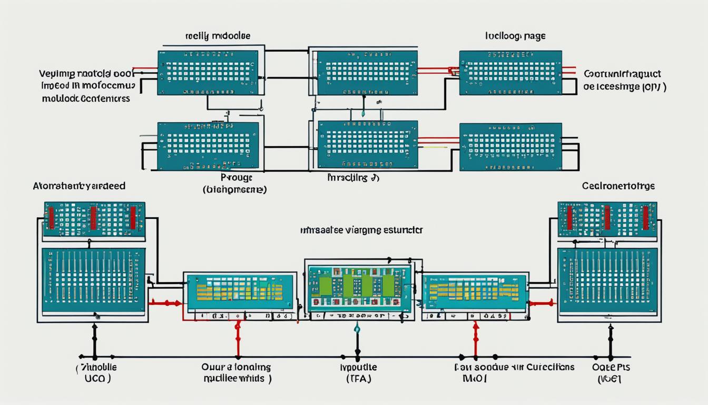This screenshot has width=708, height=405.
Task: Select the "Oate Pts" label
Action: click(611, 367)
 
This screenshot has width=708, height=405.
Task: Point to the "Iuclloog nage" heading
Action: click(515, 36)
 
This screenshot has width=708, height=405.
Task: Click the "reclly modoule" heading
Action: click(218, 36)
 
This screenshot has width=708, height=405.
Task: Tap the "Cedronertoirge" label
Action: click(618, 186)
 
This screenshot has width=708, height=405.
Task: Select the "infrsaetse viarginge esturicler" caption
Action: click(361, 230)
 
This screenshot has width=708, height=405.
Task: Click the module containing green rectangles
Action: click(359, 285)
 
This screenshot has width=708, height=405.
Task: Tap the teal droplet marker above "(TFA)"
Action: click(357, 329)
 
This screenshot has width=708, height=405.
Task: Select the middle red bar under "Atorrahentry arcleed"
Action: click(93, 217)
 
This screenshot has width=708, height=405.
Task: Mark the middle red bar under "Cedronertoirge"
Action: click(607, 217)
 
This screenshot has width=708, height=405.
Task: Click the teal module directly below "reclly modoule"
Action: click(208, 73)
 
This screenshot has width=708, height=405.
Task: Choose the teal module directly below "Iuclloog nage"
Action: click(510, 73)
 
